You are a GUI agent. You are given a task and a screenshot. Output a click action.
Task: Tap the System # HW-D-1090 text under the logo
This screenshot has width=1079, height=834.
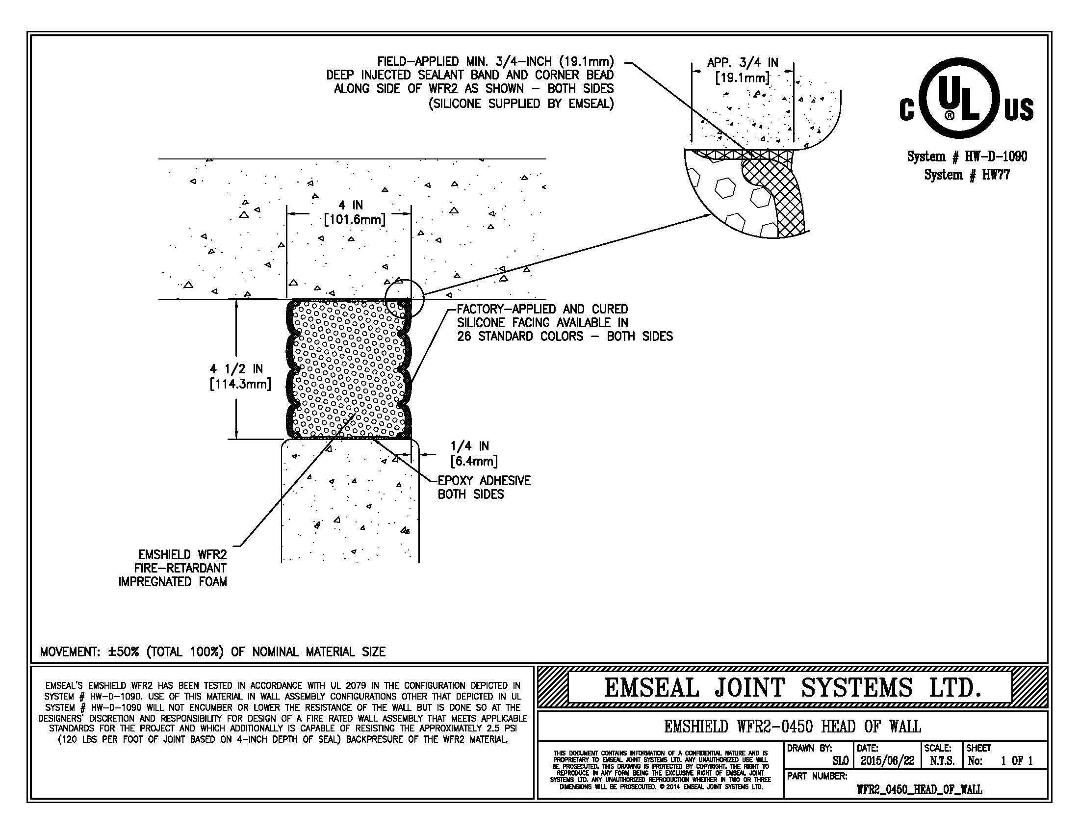click(x=967, y=156)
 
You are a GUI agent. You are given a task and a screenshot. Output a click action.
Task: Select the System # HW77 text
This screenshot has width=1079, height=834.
click(x=967, y=175)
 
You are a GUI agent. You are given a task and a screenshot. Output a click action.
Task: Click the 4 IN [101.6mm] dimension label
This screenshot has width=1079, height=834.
click(x=354, y=212)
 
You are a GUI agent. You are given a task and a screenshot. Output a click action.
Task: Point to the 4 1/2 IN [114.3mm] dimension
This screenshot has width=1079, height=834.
click(x=240, y=376)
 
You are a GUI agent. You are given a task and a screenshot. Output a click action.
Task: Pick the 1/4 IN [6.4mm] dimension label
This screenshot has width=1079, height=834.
click(x=473, y=454)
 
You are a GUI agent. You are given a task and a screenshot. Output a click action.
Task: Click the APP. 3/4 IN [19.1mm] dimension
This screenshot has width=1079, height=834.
click(x=742, y=70)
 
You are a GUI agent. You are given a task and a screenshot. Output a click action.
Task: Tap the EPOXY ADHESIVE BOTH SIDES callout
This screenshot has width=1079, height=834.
click(x=484, y=487)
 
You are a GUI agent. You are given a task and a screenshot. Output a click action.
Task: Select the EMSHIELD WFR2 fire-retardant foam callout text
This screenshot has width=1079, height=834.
click(x=173, y=568)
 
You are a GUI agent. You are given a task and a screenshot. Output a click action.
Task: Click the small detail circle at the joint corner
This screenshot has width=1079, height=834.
click(x=404, y=298)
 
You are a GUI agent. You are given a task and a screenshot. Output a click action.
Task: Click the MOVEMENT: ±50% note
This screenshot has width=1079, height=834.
click(x=212, y=652)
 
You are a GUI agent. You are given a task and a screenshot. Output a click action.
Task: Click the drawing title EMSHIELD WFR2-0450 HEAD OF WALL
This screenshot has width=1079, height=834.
click(x=792, y=726)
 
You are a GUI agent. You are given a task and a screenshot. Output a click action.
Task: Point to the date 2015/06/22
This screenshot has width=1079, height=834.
click(x=887, y=760)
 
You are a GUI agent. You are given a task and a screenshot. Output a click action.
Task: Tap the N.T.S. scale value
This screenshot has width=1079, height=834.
click(x=942, y=760)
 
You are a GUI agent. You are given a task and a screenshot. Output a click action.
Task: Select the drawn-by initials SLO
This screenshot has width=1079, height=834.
click(x=840, y=761)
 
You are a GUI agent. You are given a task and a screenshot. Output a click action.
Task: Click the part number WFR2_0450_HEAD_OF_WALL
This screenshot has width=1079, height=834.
click(x=919, y=789)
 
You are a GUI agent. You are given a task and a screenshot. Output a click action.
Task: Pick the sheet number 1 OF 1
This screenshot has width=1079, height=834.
click(x=1017, y=760)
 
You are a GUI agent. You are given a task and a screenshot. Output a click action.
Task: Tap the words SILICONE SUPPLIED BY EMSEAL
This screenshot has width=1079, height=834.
click(x=521, y=104)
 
